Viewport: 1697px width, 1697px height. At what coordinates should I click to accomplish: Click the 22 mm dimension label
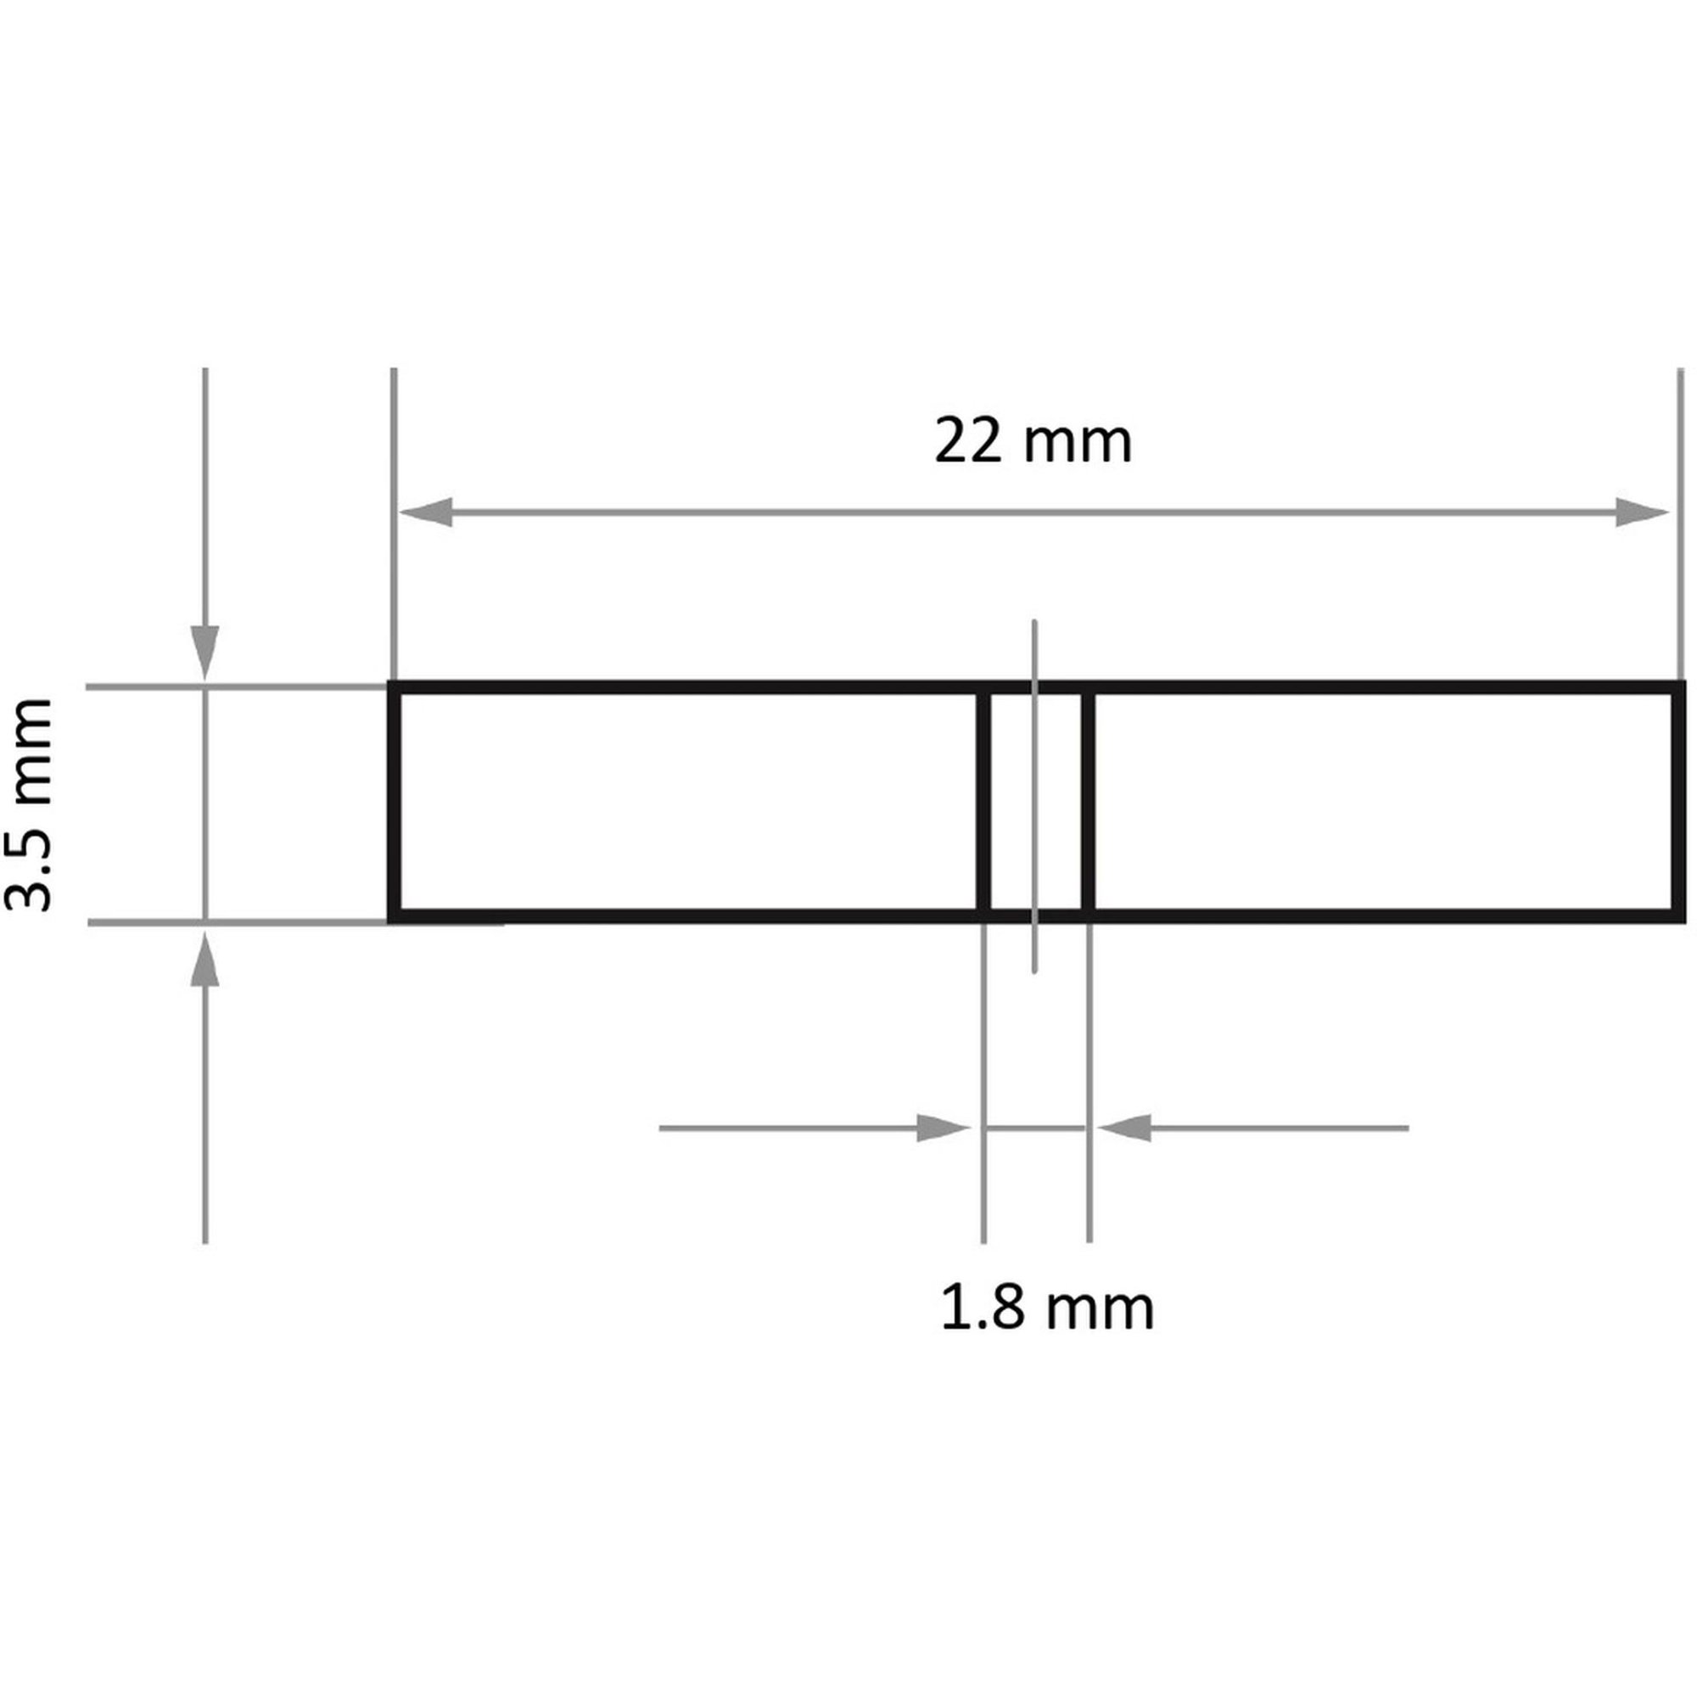[1033, 441]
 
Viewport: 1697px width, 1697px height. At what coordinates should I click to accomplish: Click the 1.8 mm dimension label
[1047, 1308]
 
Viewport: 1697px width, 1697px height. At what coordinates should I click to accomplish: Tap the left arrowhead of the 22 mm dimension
[427, 512]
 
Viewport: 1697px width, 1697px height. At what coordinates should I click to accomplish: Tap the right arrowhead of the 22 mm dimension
[1642, 512]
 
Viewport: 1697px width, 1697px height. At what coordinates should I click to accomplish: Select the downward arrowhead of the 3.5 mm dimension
[205, 652]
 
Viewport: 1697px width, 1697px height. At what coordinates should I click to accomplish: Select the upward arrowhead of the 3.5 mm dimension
[205, 958]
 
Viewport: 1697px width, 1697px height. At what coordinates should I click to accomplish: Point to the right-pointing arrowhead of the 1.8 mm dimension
[944, 1129]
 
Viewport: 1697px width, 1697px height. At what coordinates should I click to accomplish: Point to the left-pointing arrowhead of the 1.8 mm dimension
[1124, 1129]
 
